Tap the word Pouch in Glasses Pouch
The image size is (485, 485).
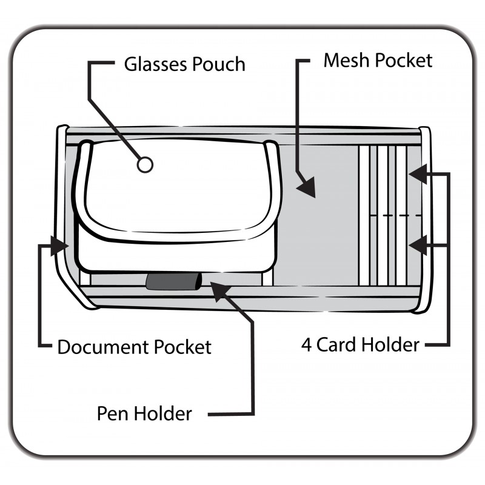coord(218,64)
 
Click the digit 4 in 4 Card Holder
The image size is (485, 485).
coord(307,345)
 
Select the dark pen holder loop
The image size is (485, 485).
coord(172,282)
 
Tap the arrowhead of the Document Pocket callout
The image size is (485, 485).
coord(59,246)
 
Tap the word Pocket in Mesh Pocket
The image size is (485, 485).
coord(404,61)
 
